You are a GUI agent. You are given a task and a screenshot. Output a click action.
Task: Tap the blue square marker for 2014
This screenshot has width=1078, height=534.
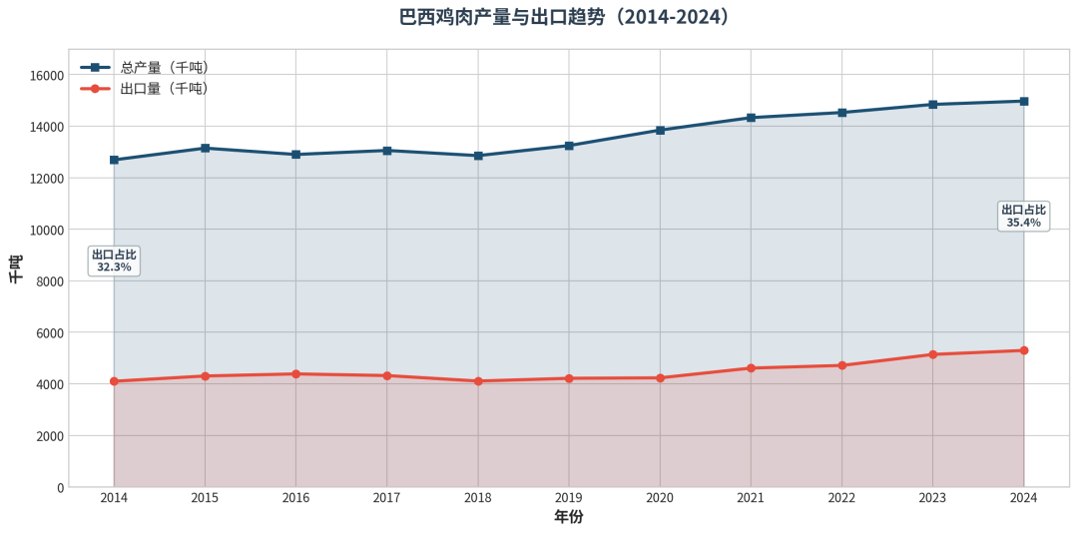coord(114,160)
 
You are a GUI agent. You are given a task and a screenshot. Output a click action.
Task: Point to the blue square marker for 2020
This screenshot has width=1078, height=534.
coord(660,130)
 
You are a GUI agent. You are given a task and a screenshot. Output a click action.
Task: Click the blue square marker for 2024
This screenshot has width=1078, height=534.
coord(1024,101)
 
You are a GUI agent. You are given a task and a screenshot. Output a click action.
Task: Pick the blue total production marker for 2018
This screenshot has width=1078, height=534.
coord(478,156)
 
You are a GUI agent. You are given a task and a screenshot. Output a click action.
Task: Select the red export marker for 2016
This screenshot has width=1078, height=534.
coord(295,374)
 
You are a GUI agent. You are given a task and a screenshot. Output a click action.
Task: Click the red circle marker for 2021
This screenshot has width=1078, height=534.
coord(751,368)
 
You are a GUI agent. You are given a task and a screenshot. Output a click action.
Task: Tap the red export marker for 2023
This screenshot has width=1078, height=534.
coord(933,354)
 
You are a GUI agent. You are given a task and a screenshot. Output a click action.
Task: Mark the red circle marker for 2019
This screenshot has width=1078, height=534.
coord(569,378)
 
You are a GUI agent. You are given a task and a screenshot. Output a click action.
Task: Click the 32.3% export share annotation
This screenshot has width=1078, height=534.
coord(114,261)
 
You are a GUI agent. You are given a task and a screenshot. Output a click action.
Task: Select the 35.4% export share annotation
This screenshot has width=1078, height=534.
coord(1024,216)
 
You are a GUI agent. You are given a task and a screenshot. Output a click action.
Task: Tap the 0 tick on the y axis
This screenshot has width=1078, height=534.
coord(60,487)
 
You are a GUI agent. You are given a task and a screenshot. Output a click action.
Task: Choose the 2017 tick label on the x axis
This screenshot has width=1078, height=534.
coord(386,498)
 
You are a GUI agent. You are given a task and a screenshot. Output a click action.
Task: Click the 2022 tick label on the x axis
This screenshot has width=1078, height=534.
coord(841,498)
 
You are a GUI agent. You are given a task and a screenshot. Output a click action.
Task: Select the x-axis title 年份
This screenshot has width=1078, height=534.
coord(569,517)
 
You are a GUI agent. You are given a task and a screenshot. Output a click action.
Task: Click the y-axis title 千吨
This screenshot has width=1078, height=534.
coord(15,269)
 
